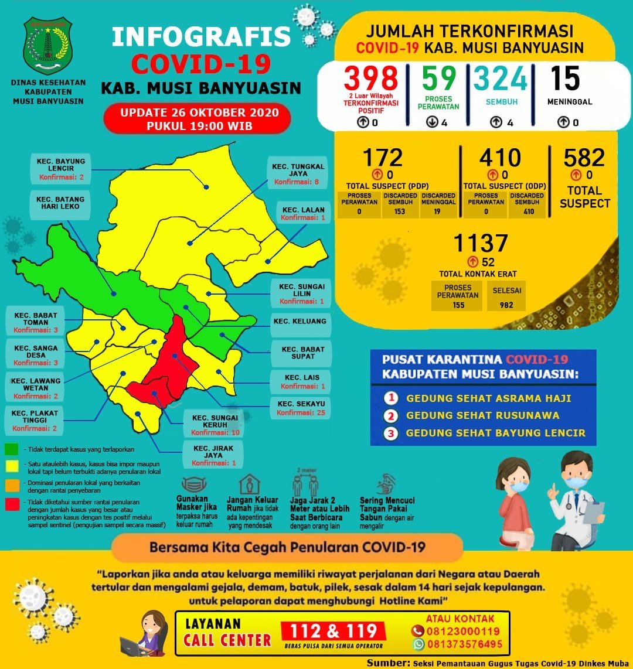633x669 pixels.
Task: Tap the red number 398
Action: click(x=370, y=78)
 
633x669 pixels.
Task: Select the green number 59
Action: click(x=440, y=78)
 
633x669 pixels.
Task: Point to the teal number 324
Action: click(x=501, y=78)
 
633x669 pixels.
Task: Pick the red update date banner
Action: click(x=197, y=119)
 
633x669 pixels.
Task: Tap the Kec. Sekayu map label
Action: click(x=301, y=408)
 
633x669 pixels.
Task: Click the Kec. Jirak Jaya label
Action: click(x=209, y=455)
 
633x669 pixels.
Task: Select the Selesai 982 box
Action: click(x=507, y=295)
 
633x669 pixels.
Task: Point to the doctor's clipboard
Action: click(x=593, y=515)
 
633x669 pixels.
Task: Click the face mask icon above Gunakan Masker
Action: click(x=196, y=485)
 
